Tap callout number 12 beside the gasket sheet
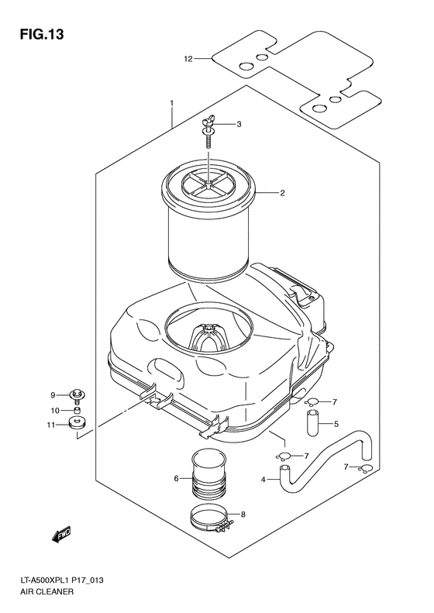click(x=187, y=58)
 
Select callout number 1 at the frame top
click(x=172, y=103)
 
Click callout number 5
click(x=337, y=424)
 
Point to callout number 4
click(x=263, y=480)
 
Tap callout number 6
click(x=177, y=478)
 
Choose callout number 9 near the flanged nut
click(x=54, y=394)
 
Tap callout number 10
click(x=54, y=410)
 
